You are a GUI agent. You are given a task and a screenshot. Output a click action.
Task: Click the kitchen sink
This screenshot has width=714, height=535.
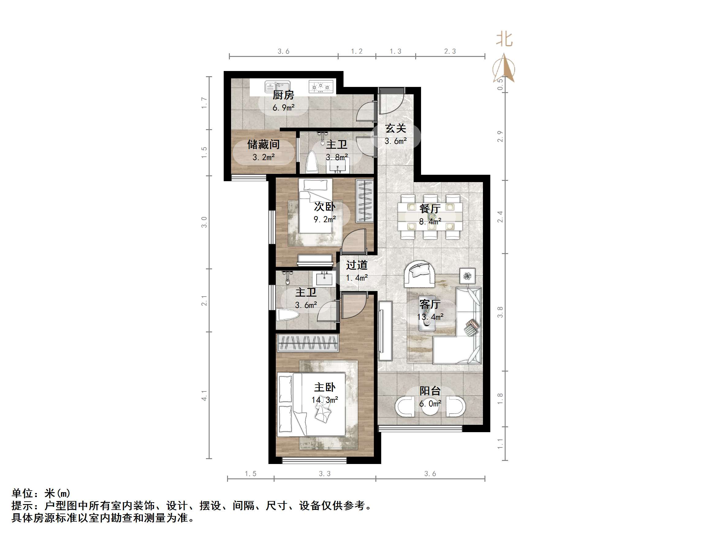tap(277, 87)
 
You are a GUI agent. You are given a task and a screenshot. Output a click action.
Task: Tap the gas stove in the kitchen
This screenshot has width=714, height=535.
tap(321, 86)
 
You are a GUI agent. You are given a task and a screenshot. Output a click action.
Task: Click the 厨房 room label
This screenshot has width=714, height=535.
tap(283, 95)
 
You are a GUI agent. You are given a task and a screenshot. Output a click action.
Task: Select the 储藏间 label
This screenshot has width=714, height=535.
tap(264, 144)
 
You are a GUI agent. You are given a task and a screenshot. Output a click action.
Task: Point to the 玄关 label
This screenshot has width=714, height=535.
tap(395, 128)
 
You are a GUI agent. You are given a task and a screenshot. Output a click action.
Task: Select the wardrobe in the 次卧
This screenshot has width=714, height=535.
tap(365, 201)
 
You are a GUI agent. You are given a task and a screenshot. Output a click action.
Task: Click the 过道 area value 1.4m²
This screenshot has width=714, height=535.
tap(357, 278)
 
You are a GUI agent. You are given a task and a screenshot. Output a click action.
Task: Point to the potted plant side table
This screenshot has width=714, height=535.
tap(467, 276)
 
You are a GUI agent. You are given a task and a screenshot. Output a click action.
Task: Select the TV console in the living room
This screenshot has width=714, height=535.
tap(385, 331)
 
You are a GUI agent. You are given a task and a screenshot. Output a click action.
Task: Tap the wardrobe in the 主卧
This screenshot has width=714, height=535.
tap(308, 343)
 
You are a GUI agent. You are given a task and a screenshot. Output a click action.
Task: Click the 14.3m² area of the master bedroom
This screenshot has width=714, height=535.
tap(325, 400)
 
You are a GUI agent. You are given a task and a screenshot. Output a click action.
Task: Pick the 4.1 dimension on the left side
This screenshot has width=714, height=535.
tap(204, 395)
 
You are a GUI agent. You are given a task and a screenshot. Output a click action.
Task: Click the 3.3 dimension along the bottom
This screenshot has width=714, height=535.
tap(325, 474)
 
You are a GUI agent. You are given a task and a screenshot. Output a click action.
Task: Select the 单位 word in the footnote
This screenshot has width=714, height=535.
tap(23, 493)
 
